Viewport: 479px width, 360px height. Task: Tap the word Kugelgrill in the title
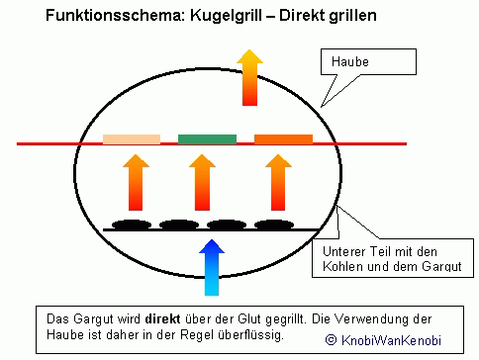click(x=226, y=16)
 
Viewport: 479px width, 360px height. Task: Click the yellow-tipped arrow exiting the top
click(x=249, y=77)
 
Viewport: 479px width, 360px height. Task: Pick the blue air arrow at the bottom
click(x=212, y=267)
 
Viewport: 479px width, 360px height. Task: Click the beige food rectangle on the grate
click(x=132, y=139)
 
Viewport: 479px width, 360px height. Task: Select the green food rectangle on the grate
click(x=207, y=139)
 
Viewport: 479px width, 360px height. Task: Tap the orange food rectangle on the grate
click(x=283, y=139)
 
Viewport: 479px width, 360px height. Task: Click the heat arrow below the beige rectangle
click(x=136, y=182)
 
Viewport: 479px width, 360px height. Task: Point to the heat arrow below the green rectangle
click(x=202, y=182)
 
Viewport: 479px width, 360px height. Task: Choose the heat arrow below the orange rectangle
click(x=278, y=182)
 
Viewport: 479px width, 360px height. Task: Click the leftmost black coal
click(x=132, y=225)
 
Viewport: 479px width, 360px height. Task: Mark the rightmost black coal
click(x=274, y=225)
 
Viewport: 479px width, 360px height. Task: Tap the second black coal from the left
click(x=179, y=225)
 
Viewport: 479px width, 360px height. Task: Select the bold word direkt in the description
click(x=162, y=319)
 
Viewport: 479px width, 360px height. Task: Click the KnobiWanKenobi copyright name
click(x=391, y=340)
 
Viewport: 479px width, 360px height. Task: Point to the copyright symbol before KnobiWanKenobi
click(x=331, y=340)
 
